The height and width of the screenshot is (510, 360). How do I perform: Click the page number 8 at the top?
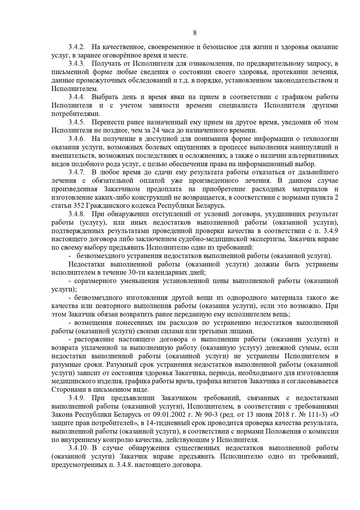(x=195, y=33)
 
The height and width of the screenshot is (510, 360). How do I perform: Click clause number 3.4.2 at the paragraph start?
(x=76, y=47)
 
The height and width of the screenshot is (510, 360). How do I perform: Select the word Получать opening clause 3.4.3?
(x=106, y=64)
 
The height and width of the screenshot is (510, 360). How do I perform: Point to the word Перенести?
(x=107, y=122)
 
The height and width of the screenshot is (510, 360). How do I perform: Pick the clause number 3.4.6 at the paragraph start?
(x=76, y=139)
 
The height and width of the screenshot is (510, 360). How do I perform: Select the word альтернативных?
(x=314, y=156)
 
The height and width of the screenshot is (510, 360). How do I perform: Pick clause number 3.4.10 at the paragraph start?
(x=78, y=448)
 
